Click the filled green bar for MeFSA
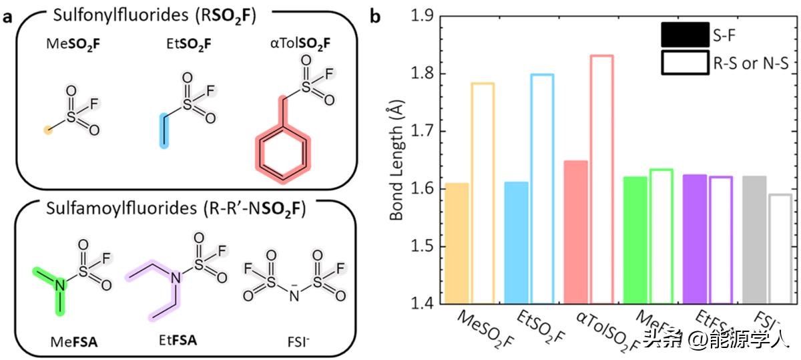635,240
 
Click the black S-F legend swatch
685,35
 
